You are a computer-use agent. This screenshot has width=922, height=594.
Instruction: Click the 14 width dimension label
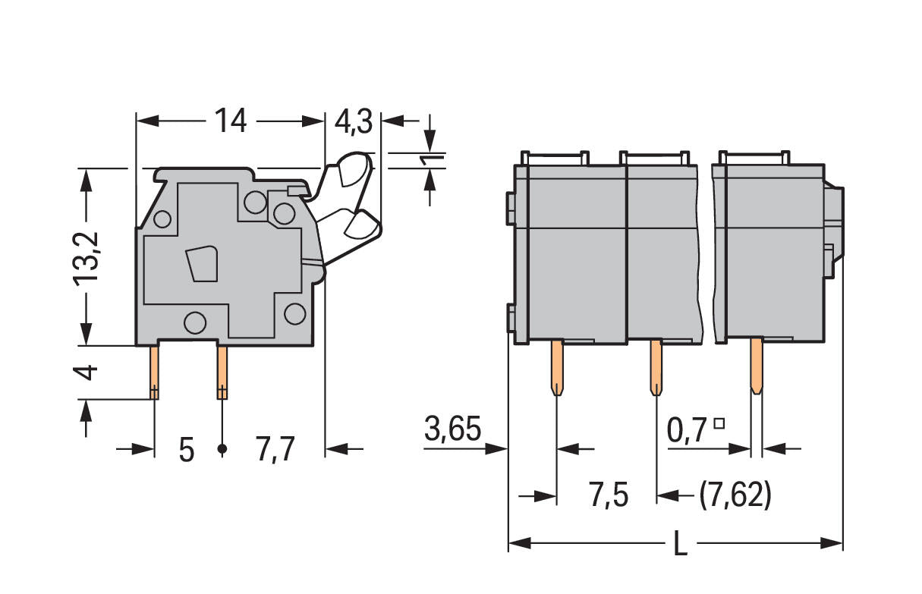coord(231,121)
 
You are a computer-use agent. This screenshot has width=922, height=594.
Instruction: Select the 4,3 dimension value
coord(353,122)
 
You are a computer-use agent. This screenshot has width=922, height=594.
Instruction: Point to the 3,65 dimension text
coord(452,429)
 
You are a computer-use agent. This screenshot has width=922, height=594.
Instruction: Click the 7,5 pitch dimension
coord(609,495)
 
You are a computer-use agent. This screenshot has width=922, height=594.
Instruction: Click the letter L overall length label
coord(681,543)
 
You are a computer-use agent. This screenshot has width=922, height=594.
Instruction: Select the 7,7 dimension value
coord(275,450)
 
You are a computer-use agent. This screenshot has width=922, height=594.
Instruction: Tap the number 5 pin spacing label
coord(187,450)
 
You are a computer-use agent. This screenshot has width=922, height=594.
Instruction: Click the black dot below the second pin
coord(222,449)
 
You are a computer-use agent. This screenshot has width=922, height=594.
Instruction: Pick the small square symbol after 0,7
coord(719,423)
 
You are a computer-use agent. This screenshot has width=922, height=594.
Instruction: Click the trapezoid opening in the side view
coord(202,264)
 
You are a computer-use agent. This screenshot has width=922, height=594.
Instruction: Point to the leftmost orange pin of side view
coord(154,372)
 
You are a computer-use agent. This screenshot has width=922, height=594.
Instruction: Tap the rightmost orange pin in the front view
coord(757,366)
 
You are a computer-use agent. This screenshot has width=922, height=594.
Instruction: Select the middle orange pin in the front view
coord(656,367)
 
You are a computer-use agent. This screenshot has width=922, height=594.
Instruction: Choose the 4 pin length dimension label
coord(86,372)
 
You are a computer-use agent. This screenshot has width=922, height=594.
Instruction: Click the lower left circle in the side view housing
coord(195,322)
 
